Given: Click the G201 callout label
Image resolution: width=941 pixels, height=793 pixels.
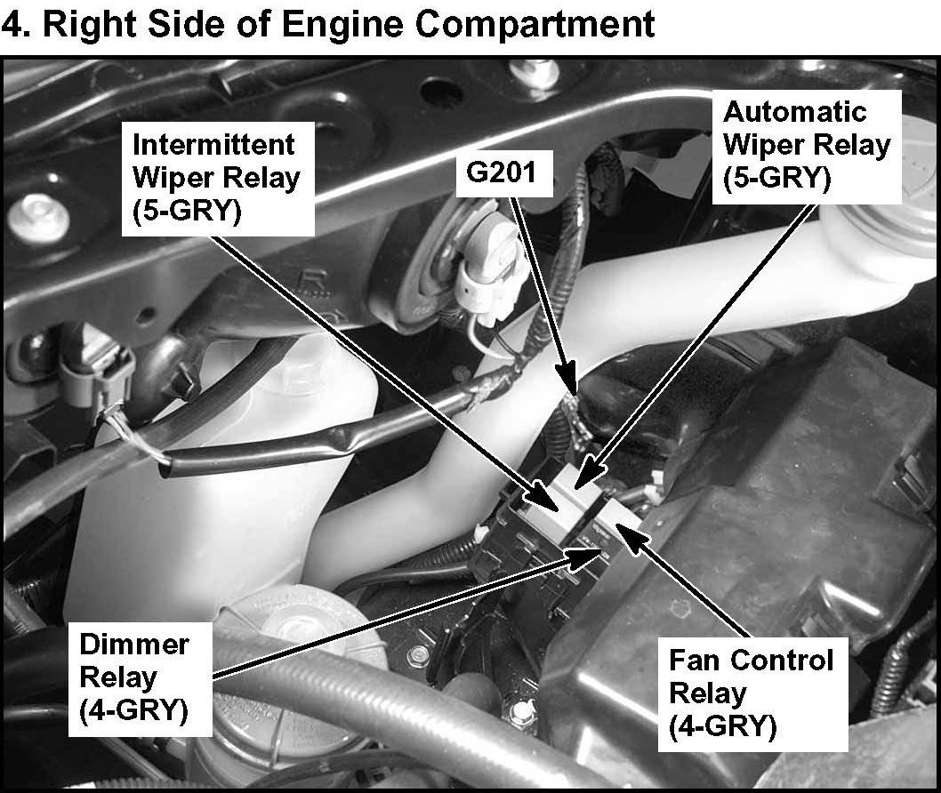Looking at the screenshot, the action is click(502, 172).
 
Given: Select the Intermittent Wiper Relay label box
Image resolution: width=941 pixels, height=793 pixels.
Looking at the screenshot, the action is click(216, 178).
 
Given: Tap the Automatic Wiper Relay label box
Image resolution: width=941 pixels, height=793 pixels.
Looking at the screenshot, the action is click(806, 145).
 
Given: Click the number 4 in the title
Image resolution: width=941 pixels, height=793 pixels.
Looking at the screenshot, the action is click(12, 24).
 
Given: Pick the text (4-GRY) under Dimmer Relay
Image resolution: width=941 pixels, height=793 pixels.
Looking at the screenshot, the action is click(133, 711).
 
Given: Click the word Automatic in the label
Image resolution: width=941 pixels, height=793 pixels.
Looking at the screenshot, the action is click(782, 113).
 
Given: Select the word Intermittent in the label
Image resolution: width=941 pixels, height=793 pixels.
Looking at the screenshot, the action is click(213, 144).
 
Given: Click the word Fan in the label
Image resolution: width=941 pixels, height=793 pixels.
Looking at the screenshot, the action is click(691, 661).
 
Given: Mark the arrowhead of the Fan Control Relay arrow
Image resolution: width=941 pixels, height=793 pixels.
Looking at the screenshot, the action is click(620, 529).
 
